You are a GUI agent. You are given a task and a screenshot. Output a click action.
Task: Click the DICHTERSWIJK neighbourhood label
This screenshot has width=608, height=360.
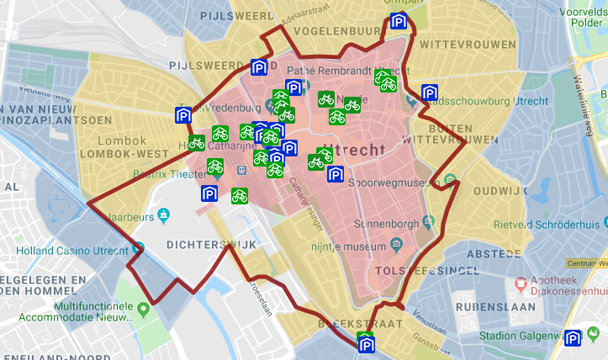[x=210, y=245]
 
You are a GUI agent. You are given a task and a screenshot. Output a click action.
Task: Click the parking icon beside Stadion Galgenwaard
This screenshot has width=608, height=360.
[x=574, y=338]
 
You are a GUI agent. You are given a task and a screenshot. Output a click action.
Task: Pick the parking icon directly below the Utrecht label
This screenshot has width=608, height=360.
[x=335, y=175]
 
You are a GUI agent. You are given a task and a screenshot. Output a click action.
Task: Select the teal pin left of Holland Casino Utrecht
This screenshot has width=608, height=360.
[x=138, y=249]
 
